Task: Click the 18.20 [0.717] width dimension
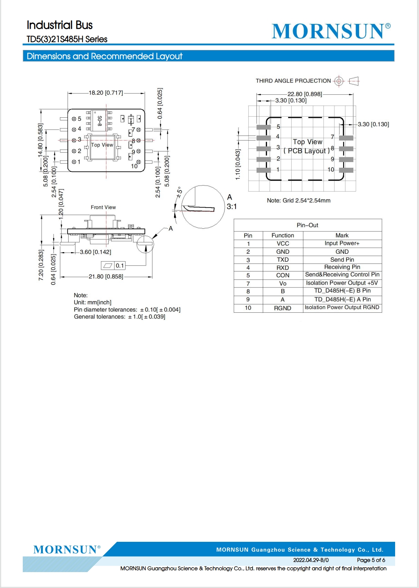[106, 93]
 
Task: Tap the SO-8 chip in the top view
[99, 120]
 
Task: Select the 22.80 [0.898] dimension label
[304, 94]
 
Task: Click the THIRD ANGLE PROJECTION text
[293, 81]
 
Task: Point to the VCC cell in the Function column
[283, 243]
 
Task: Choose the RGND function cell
[282, 308]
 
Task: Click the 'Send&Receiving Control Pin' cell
[342, 275]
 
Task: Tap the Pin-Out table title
[307, 225]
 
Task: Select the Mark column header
[342, 236]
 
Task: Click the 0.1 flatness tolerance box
[113, 266]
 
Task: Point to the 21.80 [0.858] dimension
[106, 276]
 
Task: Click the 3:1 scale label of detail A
[232, 207]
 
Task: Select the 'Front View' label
[103, 207]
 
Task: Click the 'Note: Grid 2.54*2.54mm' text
[299, 201]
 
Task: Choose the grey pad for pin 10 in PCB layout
[346, 170]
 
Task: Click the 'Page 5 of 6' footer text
[371, 560]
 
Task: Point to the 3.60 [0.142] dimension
[96, 252]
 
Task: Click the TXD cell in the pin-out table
[283, 260]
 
